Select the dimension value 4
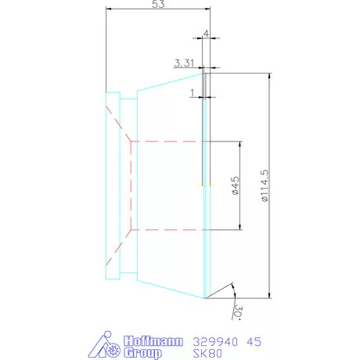(x=205, y=34)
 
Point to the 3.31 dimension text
(x=184, y=62)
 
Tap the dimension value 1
(x=193, y=92)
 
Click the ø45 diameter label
(x=234, y=185)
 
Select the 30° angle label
(x=237, y=313)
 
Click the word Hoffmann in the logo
(x=154, y=342)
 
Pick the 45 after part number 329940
(x=254, y=342)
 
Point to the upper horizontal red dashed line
(x=168, y=141)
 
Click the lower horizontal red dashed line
(x=168, y=230)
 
